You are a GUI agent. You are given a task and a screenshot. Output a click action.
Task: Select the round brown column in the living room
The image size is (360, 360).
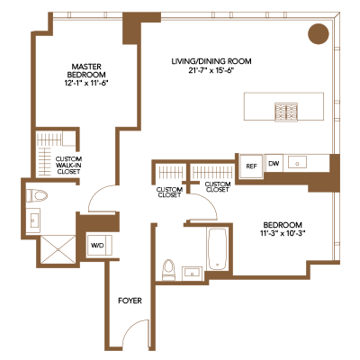tap(319, 33)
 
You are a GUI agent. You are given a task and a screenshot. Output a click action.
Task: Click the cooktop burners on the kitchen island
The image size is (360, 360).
tap(286, 112)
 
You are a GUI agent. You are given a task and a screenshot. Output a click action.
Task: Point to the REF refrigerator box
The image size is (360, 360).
tap(251, 166)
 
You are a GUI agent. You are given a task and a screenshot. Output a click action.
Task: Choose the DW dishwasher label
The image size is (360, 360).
tap(274, 164)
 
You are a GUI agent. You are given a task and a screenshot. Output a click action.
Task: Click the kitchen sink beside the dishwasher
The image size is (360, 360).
tap(297, 163)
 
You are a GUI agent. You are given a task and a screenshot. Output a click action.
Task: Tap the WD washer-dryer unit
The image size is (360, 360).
tap(99, 246)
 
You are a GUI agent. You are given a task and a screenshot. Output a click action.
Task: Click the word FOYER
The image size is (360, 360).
tap(130, 301)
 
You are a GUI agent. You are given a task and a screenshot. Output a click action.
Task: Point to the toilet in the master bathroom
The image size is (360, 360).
tap(37, 196)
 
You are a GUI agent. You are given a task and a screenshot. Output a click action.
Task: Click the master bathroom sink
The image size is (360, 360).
tap(33, 220)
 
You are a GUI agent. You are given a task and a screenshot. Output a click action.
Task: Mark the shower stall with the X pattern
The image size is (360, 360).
tap(58, 249)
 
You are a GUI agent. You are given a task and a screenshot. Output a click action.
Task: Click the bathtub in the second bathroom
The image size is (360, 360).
tap(217, 249)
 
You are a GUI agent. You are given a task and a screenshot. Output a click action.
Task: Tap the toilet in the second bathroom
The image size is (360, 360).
tap(168, 270)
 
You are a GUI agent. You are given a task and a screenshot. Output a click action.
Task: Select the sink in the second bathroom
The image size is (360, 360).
tap(192, 274)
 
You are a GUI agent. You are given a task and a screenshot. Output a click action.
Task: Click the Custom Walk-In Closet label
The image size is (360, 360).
tap(68, 165)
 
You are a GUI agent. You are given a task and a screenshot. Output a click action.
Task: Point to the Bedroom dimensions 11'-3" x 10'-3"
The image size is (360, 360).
tap(283, 232)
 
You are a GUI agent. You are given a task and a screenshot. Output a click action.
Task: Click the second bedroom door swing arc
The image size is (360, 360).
tap(208, 201)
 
